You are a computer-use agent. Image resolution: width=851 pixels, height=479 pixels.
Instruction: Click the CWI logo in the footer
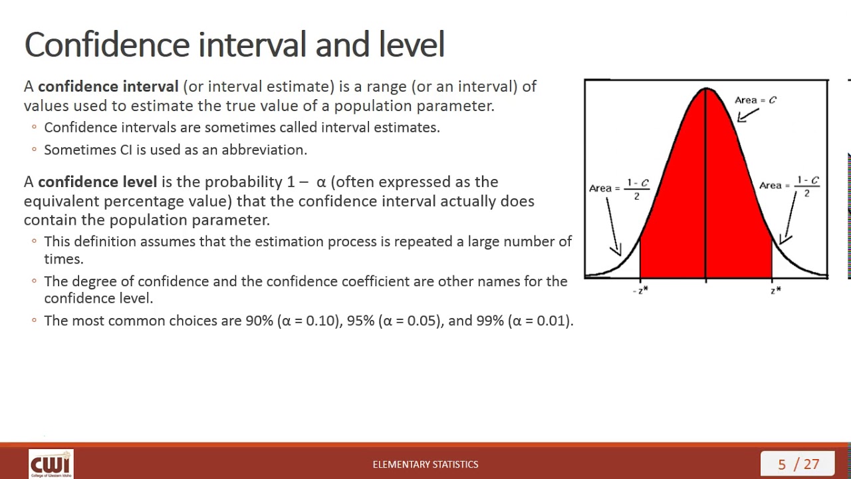[x=51, y=464]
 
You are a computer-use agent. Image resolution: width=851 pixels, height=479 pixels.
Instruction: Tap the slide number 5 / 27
[x=798, y=464]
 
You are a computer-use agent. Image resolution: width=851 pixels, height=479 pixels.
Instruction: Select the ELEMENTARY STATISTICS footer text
[x=425, y=464]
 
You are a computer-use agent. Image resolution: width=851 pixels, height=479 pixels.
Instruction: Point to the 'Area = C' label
[x=755, y=100]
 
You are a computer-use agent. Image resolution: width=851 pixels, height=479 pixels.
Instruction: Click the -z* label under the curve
[x=640, y=290]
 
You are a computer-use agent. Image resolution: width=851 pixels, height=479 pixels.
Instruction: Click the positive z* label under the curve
[x=775, y=290]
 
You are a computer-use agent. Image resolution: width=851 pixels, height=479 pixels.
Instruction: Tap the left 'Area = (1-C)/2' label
[x=619, y=188]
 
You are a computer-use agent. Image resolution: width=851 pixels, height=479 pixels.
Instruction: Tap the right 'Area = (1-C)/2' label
[x=790, y=186]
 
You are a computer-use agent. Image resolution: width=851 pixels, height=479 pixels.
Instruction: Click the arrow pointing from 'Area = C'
[x=747, y=115]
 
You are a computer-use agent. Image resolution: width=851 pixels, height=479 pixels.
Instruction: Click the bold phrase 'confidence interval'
[x=108, y=86]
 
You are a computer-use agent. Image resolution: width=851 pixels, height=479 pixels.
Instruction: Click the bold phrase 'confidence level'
[x=97, y=182]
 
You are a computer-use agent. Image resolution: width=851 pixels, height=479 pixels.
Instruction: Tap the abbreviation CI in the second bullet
[x=126, y=150]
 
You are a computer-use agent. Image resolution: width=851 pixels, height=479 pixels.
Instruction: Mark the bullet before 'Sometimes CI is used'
[x=34, y=150]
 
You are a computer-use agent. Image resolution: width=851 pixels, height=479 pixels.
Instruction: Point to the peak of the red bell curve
[x=706, y=89]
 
